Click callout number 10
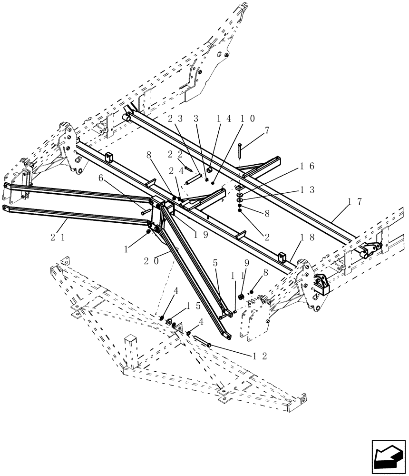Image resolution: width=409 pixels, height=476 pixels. click(248, 119)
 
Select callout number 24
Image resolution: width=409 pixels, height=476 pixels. click(175, 171)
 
